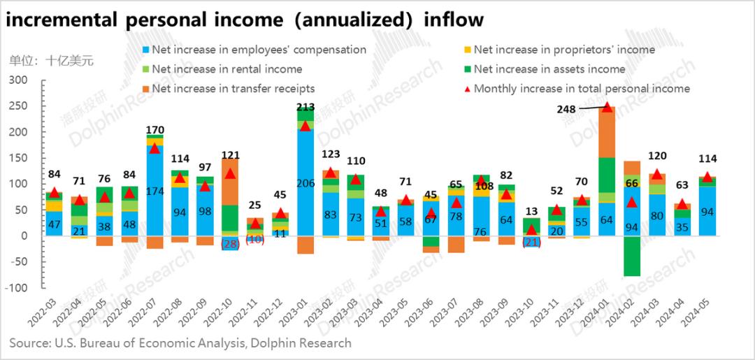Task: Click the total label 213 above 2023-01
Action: click(x=305, y=107)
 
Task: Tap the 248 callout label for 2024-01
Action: click(x=568, y=109)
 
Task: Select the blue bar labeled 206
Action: click(x=305, y=182)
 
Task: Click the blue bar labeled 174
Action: click(x=154, y=190)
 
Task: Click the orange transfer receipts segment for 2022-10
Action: click(x=230, y=182)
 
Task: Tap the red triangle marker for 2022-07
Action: click(x=154, y=148)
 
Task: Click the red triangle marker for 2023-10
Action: click(x=531, y=229)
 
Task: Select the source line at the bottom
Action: click(x=180, y=343)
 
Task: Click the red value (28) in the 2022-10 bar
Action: click(x=230, y=244)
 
